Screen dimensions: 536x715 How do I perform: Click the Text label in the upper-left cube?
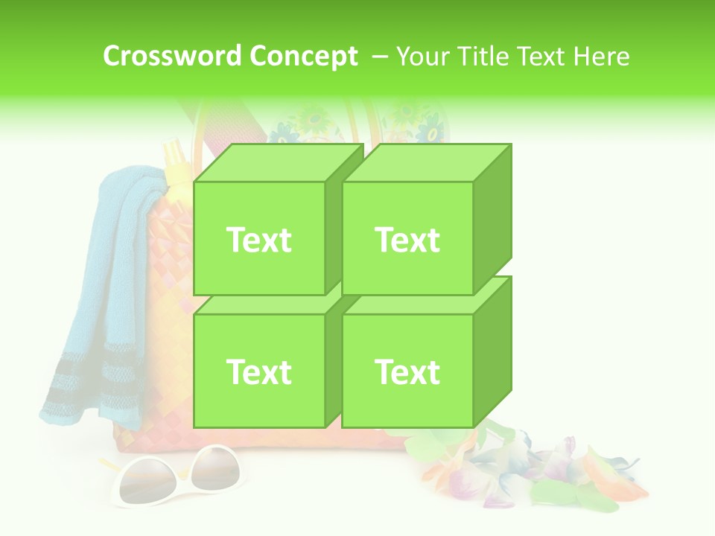[x=258, y=240]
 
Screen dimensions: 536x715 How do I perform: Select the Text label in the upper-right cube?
[x=407, y=240]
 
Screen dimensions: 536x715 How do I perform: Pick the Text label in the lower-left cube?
[x=258, y=371]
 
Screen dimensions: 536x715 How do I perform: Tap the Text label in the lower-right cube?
[x=407, y=371]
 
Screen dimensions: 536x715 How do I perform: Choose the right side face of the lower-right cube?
[x=493, y=350]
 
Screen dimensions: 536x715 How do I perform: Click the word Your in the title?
[x=424, y=57]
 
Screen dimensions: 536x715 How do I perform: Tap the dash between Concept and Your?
[x=379, y=57]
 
